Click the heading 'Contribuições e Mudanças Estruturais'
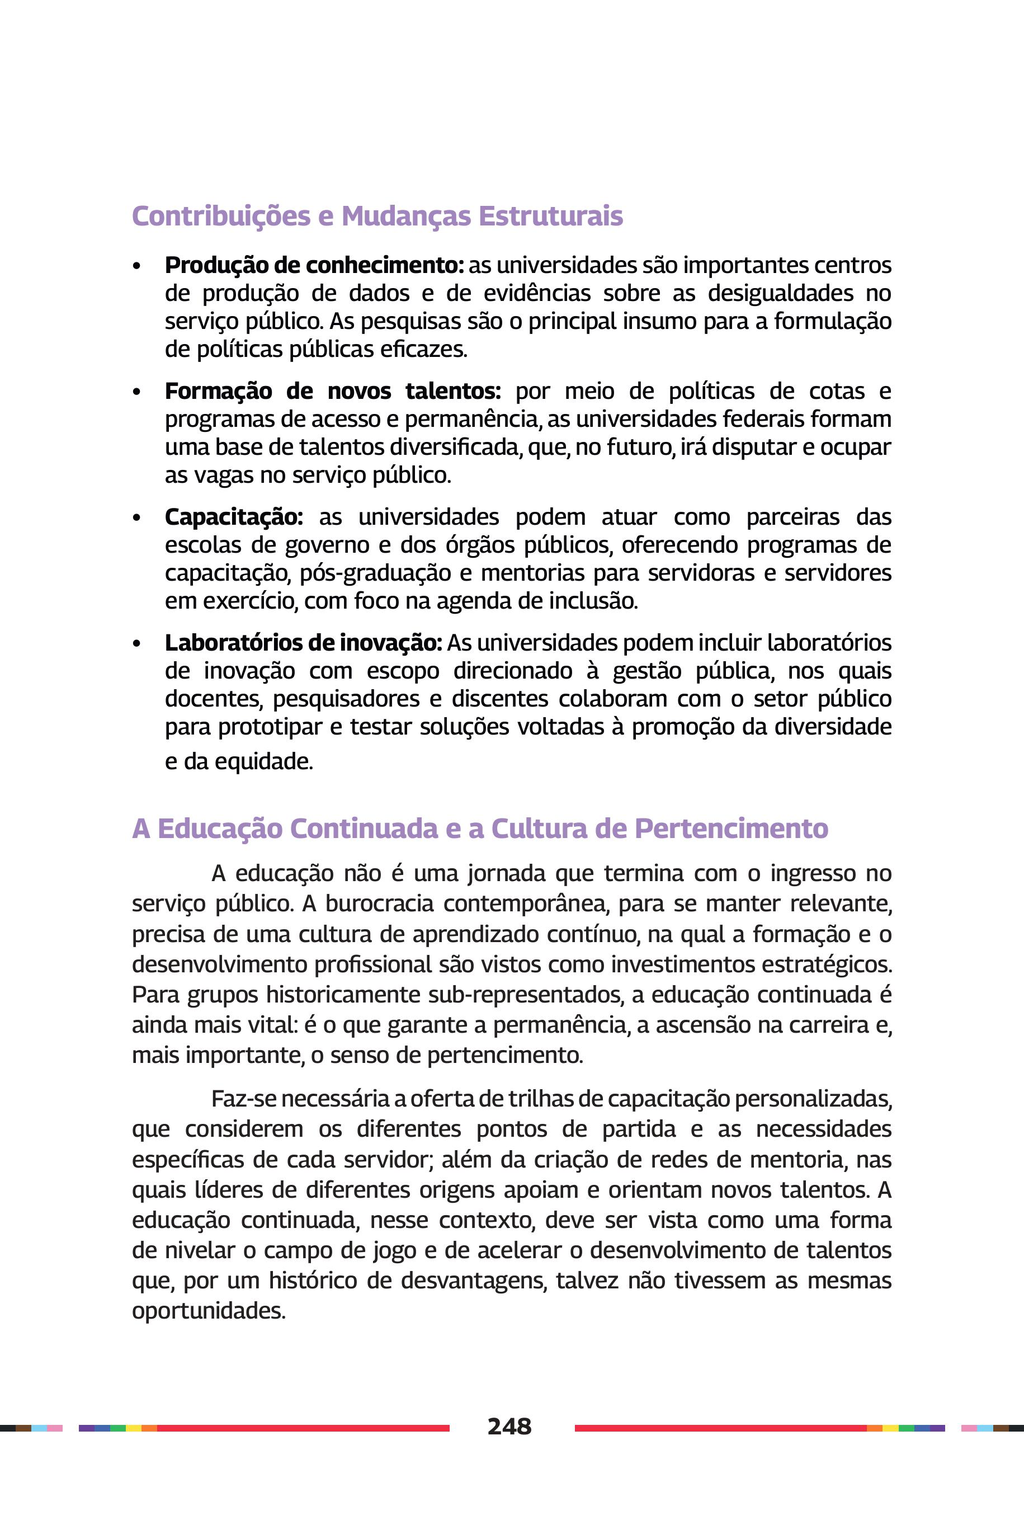[377, 216]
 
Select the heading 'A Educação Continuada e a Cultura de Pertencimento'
[480, 829]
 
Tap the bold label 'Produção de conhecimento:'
[314, 265]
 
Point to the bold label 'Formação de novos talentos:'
[332, 391]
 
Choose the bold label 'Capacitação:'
[234, 517]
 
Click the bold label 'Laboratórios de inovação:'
[303, 643]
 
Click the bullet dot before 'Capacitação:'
[136, 518]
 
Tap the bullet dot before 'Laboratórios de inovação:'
[136, 644]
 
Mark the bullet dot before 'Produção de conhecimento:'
[136, 266]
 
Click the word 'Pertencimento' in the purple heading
[732, 829]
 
